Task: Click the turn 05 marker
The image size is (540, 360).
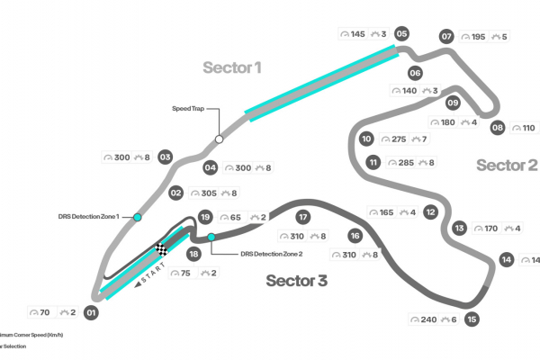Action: pyautogui.click(x=401, y=34)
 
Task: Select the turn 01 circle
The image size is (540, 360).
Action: pyautogui.click(x=90, y=313)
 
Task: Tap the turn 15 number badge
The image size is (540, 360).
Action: pyautogui.click(x=472, y=319)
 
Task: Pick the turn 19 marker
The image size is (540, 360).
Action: pyautogui.click(x=205, y=217)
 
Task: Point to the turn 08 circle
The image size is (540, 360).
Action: pyautogui.click(x=498, y=128)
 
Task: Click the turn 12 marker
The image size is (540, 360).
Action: pyautogui.click(x=431, y=212)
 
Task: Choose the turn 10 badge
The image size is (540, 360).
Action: pyautogui.click(x=365, y=139)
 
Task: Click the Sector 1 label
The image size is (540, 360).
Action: pyautogui.click(x=231, y=67)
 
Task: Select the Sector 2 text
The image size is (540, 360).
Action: pyautogui.click(x=506, y=165)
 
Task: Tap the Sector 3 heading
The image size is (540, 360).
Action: pyautogui.click(x=296, y=281)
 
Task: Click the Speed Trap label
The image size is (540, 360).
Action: pyautogui.click(x=189, y=108)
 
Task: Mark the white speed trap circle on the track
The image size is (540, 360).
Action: pyautogui.click(x=219, y=139)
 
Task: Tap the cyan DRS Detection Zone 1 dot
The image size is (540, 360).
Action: pyautogui.click(x=138, y=217)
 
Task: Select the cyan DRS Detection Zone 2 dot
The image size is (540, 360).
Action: pyautogui.click(x=211, y=238)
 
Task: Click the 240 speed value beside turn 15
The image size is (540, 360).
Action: pyautogui.click(x=427, y=319)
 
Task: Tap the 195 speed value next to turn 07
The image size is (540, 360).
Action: pyautogui.click(x=479, y=37)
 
